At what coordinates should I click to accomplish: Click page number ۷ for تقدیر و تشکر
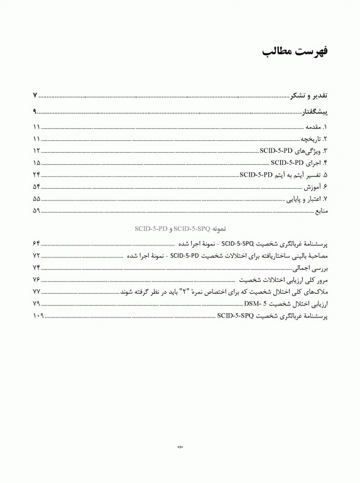(x=36, y=95)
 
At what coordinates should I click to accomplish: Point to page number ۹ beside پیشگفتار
(x=36, y=112)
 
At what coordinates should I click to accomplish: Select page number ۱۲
(x=36, y=151)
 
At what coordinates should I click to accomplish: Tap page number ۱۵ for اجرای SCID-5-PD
(x=36, y=163)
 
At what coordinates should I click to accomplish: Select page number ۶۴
(x=36, y=243)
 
